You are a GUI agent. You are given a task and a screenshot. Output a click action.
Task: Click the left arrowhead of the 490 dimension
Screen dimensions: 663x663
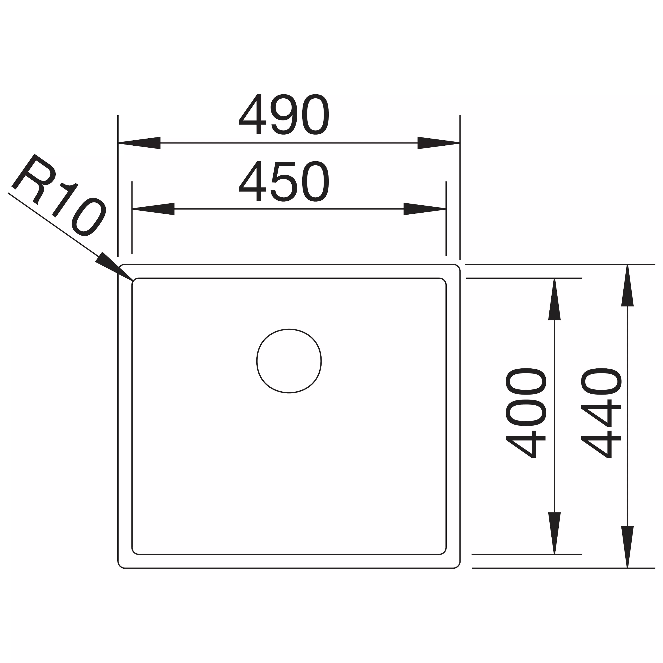139,143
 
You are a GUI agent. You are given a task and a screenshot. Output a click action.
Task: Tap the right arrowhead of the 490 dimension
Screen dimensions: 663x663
438,143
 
